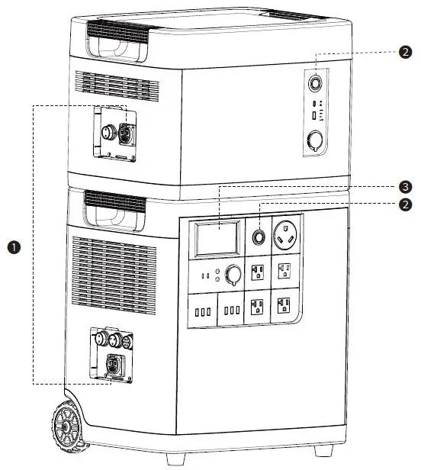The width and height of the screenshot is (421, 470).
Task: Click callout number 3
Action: click(405, 186)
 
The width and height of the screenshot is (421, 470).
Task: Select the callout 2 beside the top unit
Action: click(405, 52)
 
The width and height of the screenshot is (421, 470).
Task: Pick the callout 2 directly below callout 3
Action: click(405, 204)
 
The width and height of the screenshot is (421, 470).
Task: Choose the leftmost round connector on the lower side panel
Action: click(99, 337)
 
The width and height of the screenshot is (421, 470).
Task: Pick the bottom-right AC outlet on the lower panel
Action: click(284, 306)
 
